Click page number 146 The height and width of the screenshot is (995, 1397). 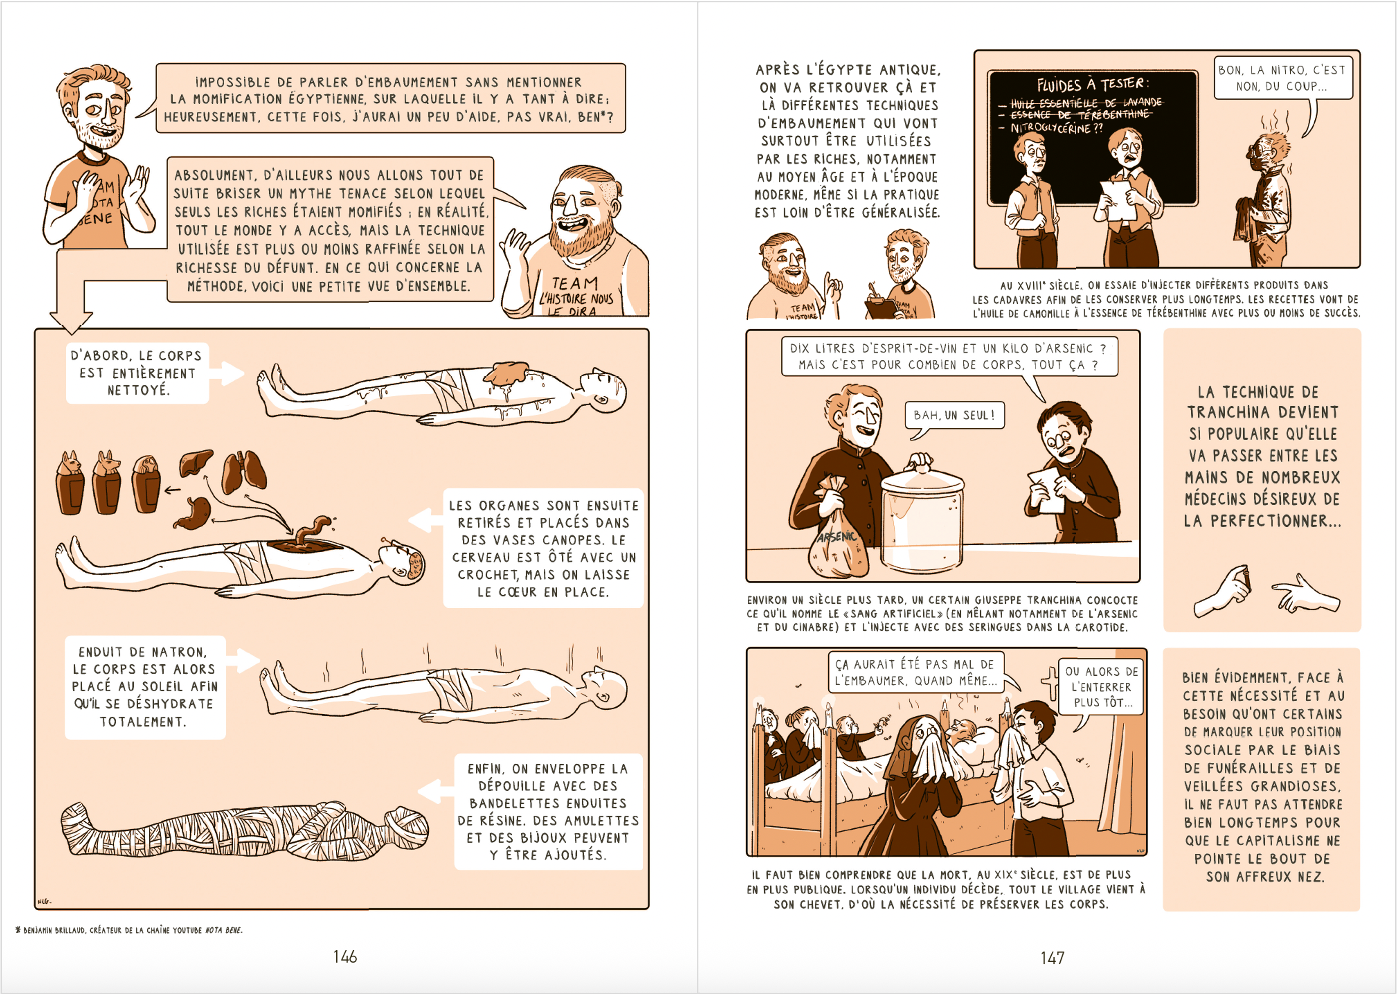(345, 956)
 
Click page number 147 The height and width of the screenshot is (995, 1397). (1052, 957)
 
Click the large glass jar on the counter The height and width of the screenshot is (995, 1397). (923, 515)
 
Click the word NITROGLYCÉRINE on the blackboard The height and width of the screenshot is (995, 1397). (1051, 127)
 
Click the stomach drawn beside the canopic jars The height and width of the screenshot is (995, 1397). (193, 512)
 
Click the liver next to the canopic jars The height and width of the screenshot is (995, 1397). (196, 463)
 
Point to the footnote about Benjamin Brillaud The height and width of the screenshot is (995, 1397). (129, 930)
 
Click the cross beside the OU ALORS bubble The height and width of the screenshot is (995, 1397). (1050, 683)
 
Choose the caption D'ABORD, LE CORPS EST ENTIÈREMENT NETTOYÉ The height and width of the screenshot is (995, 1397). (136, 373)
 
